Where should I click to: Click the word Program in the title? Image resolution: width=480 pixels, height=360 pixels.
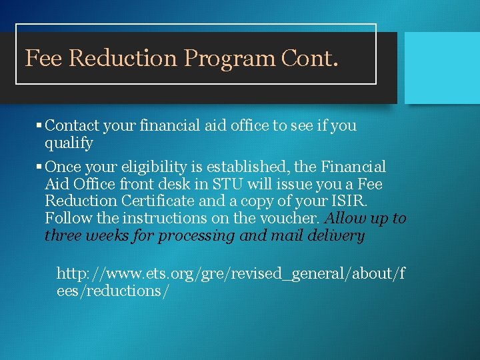coord(229,59)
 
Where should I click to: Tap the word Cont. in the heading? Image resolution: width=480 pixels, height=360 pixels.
coord(310,59)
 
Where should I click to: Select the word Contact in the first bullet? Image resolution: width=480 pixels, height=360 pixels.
coord(72,125)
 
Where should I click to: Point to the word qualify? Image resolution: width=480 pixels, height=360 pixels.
coord(69,143)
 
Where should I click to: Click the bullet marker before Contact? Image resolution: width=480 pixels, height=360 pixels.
coord(39,125)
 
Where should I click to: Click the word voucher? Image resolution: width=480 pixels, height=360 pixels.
coord(296,219)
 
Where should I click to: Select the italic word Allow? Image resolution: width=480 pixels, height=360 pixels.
coord(345,219)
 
